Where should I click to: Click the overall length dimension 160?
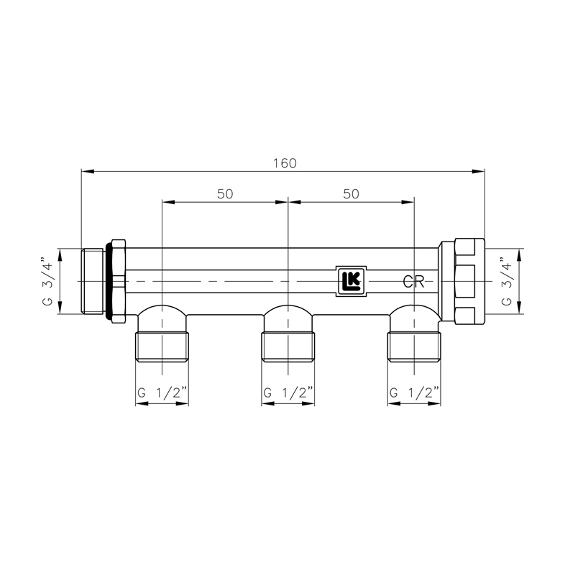coord(284,162)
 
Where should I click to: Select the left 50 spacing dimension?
coord(224,194)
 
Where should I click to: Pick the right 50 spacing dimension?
coord(351,194)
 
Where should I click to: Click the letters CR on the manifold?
coord(412,281)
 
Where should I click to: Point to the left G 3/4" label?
coord(47,281)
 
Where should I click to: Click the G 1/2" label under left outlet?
coord(162,392)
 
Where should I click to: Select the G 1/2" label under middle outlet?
coord(288,392)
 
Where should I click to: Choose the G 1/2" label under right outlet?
coord(415,392)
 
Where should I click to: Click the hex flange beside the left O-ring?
coord(120,281)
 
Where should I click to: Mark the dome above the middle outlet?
coord(288,316)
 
